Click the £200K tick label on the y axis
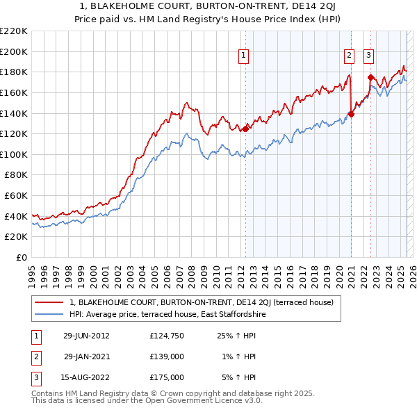14,51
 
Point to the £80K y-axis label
16,175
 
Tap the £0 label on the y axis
22,257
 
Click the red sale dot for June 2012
245,129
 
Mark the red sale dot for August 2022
370,77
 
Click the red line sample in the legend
49,302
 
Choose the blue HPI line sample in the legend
49,314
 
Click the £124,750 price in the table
167,336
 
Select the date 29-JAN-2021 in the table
86,356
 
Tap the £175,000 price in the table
167,377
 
